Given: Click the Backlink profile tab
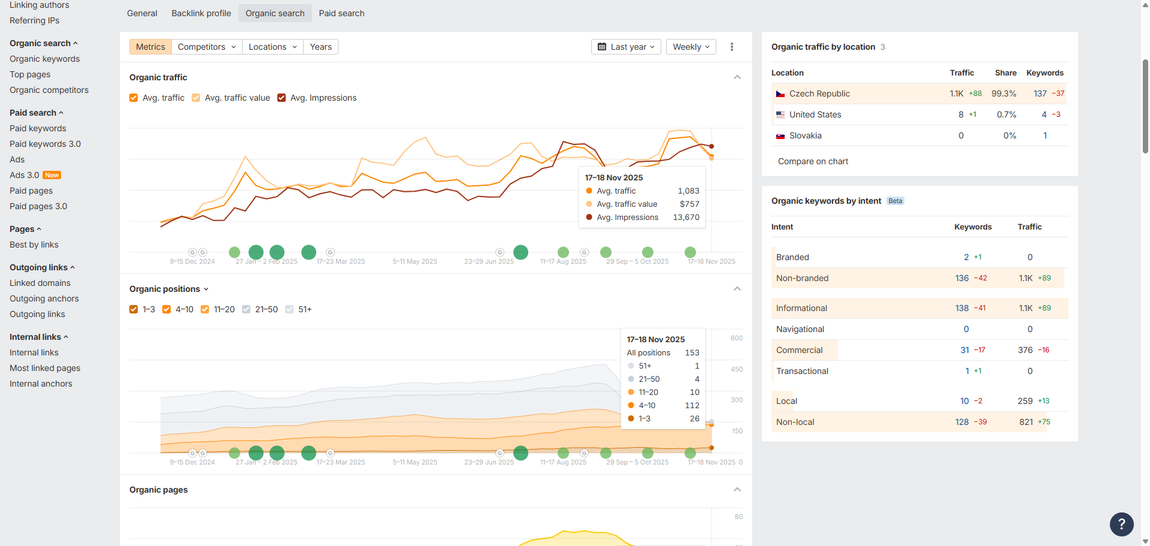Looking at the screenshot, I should pyautogui.click(x=201, y=13).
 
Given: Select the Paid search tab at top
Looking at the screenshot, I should pyautogui.click(x=341, y=13).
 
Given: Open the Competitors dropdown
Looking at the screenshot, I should pyautogui.click(x=207, y=47).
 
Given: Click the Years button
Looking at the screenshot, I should pyautogui.click(x=320, y=47).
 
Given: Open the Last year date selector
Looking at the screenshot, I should pyautogui.click(x=626, y=47).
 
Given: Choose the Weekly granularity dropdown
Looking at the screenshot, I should pyautogui.click(x=691, y=47).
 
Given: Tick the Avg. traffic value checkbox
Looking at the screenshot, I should pyautogui.click(x=196, y=98).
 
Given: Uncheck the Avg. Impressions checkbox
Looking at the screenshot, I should pyautogui.click(x=282, y=98).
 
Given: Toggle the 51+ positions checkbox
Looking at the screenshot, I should pyautogui.click(x=289, y=309).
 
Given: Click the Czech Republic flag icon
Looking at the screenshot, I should pyautogui.click(x=780, y=94).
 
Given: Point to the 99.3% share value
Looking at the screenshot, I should pyautogui.click(x=1003, y=93).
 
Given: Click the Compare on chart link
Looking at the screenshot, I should pyautogui.click(x=813, y=161).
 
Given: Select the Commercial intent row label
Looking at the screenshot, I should pyautogui.click(x=799, y=350).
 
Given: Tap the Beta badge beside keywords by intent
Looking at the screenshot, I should pyautogui.click(x=895, y=201).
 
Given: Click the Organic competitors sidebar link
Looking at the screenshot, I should pyautogui.click(x=49, y=90).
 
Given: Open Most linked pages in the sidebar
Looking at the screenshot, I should pyautogui.click(x=45, y=368).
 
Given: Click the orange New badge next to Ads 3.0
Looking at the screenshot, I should pyautogui.click(x=52, y=176).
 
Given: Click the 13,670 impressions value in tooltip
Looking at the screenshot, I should pyautogui.click(x=686, y=218).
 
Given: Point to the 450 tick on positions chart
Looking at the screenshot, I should pyautogui.click(x=736, y=369).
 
